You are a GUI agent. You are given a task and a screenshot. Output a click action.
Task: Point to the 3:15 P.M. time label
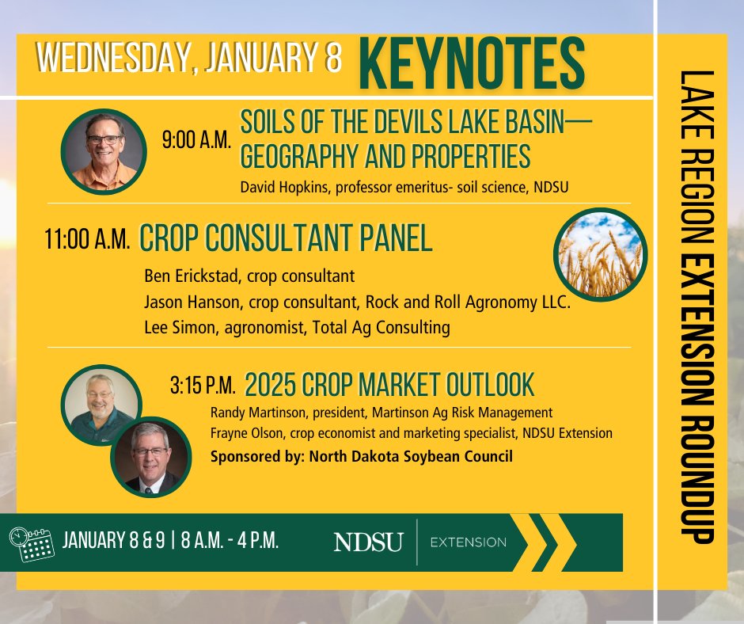click(x=203, y=387)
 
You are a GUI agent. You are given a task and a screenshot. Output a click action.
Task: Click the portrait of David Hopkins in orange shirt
click(x=104, y=151)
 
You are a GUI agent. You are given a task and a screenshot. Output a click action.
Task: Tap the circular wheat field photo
click(x=601, y=254)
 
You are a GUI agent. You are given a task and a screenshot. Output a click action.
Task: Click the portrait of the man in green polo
click(x=101, y=404)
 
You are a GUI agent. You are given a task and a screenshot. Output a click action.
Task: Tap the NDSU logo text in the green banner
click(x=368, y=542)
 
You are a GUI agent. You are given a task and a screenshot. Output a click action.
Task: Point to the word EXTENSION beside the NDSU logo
click(x=468, y=542)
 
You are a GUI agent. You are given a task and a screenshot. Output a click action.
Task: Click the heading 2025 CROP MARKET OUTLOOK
click(x=389, y=386)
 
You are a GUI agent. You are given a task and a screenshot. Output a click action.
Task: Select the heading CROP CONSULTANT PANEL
click(x=286, y=238)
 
